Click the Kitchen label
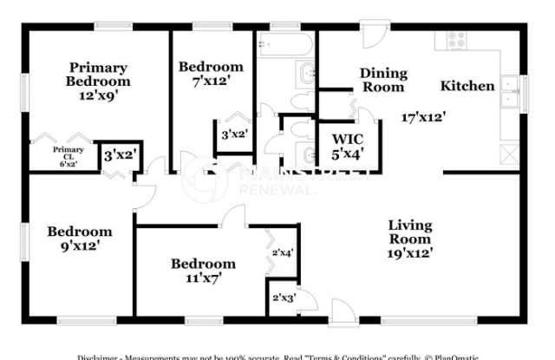click(467, 86)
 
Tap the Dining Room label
click(382, 80)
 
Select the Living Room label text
click(409, 232)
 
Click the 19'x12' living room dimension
click(409, 253)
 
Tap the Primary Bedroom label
click(98, 75)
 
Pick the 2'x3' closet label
click(283, 298)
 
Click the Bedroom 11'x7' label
click(202, 272)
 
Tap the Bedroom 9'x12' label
click(79, 239)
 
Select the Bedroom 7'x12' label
click(211, 75)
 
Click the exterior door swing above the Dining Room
click(374, 37)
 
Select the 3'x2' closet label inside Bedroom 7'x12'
click(232, 134)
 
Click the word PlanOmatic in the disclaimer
click(452, 357)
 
